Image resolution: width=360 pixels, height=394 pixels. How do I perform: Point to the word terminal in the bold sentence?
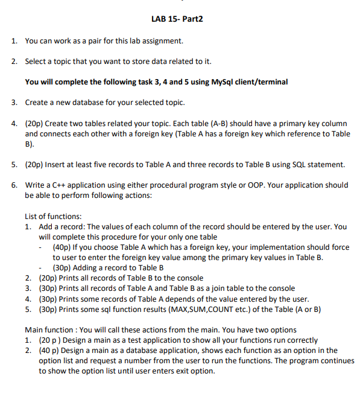271,81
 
